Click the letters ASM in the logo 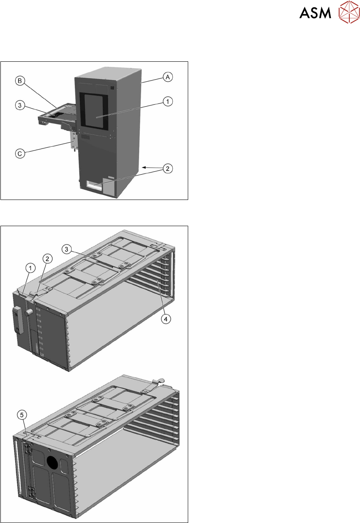315,14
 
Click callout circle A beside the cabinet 167,76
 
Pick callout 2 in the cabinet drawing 167,168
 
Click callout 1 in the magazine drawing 30,268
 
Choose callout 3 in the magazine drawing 67,248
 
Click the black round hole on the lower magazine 52,462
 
